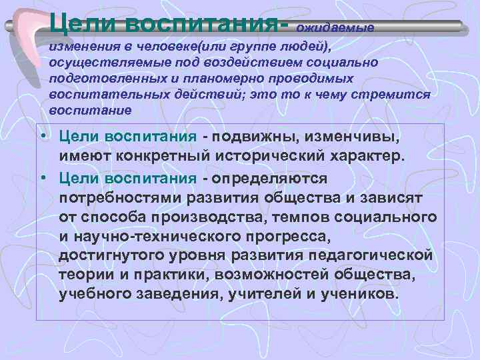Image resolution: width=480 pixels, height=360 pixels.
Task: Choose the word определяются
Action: click(269, 178)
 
